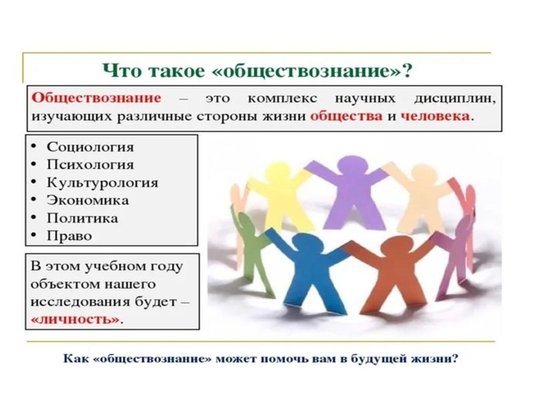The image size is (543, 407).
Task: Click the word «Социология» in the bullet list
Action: point(90,147)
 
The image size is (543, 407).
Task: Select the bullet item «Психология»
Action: point(90,164)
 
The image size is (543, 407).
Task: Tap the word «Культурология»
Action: point(102,182)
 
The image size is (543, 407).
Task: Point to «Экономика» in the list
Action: point(88,201)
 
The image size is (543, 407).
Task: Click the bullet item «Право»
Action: point(69,237)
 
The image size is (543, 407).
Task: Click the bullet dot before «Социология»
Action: point(34,147)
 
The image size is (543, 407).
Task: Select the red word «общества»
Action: point(337,116)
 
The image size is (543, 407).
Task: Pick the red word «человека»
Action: point(434,116)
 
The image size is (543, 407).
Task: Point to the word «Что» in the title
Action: point(120,70)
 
